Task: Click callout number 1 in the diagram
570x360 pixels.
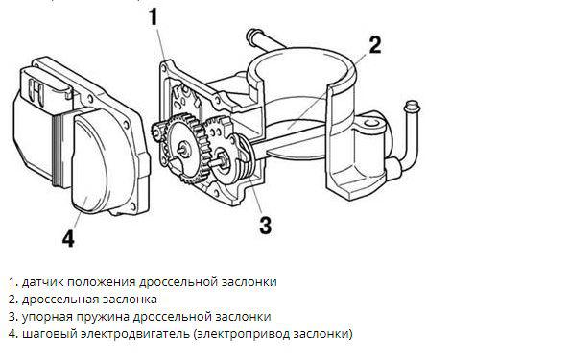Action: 154,16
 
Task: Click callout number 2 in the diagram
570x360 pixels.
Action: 375,45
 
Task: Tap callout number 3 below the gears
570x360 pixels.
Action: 266,225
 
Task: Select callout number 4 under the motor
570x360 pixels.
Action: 68,238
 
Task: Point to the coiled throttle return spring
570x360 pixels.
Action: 246,159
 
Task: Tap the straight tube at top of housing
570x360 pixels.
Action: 265,40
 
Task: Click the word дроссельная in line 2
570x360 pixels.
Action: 60,300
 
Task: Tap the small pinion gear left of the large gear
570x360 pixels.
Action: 157,132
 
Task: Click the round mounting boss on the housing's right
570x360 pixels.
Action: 370,123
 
